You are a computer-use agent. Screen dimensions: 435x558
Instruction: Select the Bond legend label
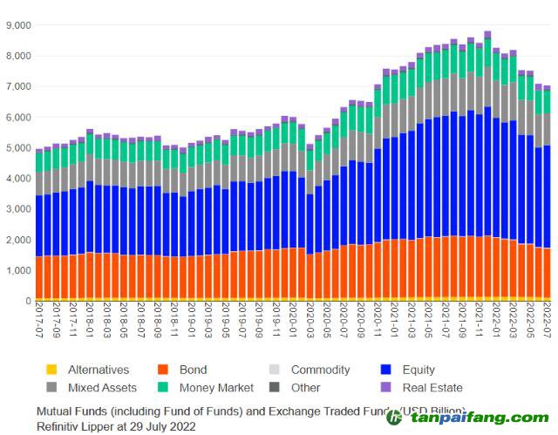click(x=194, y=370)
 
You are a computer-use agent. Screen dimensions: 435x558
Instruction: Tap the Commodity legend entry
click(x=320, y=370)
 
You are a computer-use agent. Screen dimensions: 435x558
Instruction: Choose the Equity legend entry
click(x=418, y=370)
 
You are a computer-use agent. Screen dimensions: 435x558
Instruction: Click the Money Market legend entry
click(x=216, y=387)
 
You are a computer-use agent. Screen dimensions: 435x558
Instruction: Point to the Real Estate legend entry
click(x=432, y=387)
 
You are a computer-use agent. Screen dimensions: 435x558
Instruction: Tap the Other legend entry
click(x=305, y=387)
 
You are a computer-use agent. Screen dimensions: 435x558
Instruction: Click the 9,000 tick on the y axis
click(x=17, y=25)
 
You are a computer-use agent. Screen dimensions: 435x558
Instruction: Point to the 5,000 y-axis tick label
click(x=17, y=148)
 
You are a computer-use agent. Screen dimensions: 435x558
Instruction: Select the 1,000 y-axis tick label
click(x=17, y=271)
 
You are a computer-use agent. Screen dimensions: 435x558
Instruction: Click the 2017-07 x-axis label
click(x=39, y=322)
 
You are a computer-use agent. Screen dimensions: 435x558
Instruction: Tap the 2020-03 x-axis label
click(x=310, y=322)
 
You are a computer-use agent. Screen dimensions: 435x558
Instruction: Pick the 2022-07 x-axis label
click(x=548, y=322)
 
